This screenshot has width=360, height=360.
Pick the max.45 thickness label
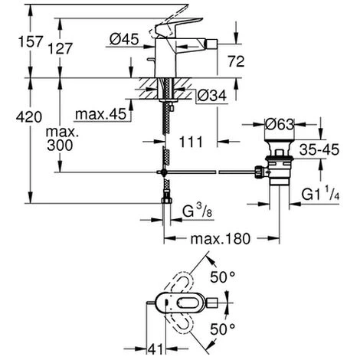[x=101, y=115]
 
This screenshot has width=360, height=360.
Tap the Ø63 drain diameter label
[x=280, y=122]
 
